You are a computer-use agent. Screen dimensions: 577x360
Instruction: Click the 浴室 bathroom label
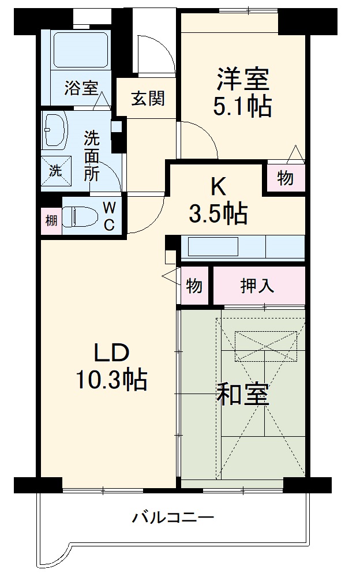(x=80, y=88)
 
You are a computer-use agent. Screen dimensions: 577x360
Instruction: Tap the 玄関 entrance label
(x=147, y=99)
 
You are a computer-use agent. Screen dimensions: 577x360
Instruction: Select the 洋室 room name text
(x=243, y=80)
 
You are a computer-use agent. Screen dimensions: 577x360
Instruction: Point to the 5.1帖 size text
(x=243, y=106)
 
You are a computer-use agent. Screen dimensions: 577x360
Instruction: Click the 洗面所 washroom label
(x=92, y=155)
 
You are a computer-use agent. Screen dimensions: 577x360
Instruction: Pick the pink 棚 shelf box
(x=51, y=220)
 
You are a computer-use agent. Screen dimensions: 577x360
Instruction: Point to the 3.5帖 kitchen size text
(x=219, y=214)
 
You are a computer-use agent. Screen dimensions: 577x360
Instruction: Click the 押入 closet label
(x=257, y=285)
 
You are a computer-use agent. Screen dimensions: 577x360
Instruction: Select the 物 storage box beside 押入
(x=194, y=285)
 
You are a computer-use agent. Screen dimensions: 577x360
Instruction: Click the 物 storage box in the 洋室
(x=285, y=178)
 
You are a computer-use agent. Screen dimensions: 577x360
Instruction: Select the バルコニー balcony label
(x=173, y=516)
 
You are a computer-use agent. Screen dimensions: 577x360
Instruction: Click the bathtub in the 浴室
(x=80, y=51)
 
